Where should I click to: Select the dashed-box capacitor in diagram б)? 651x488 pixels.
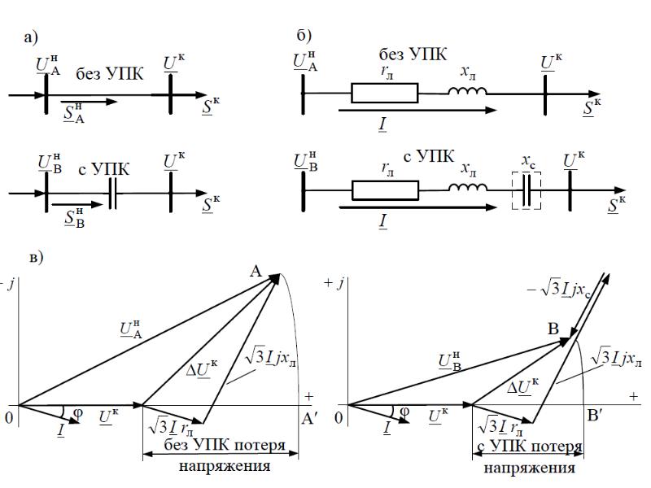click(x=526, y=194)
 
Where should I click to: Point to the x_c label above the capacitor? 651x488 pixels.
click(x=527, y=165)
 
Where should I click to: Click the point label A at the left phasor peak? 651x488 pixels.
click(x=256, y=276)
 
